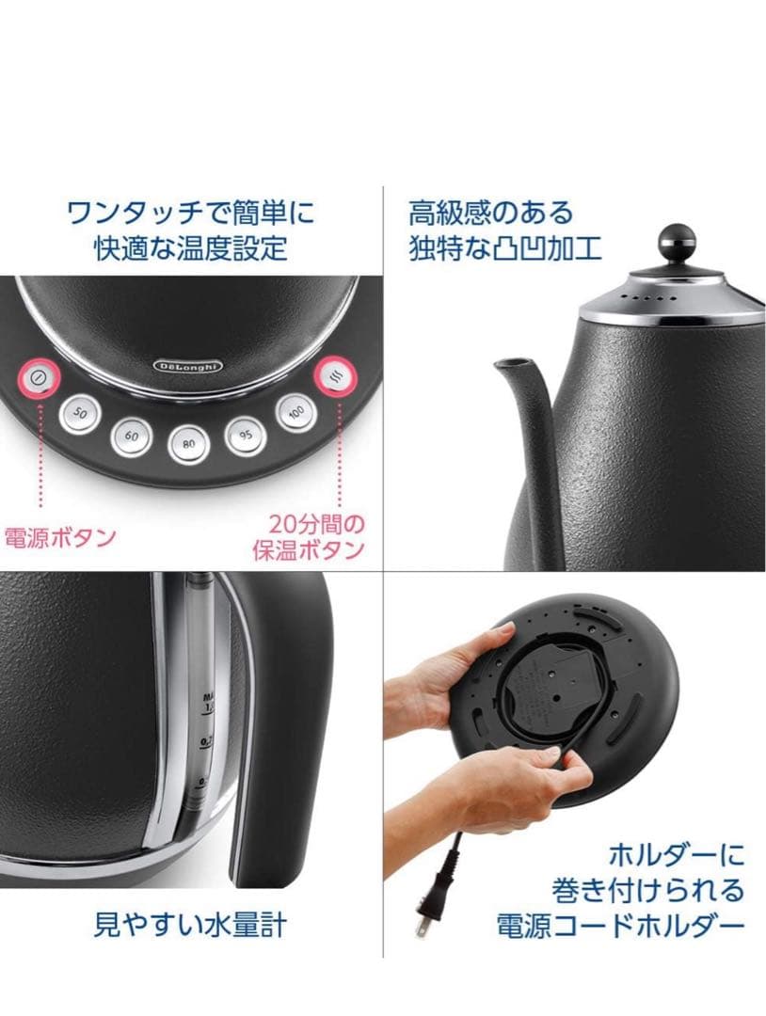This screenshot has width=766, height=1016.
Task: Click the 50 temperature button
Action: [x=80, y=413]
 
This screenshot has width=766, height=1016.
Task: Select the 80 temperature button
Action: [x=189, y=443]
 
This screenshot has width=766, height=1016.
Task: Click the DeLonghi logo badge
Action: [x=188, y=365]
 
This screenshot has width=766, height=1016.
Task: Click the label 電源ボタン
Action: [x=60, y=538]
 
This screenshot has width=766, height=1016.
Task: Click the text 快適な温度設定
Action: [x=190, y=248]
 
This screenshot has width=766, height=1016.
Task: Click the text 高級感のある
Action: [x=490, y=212]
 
